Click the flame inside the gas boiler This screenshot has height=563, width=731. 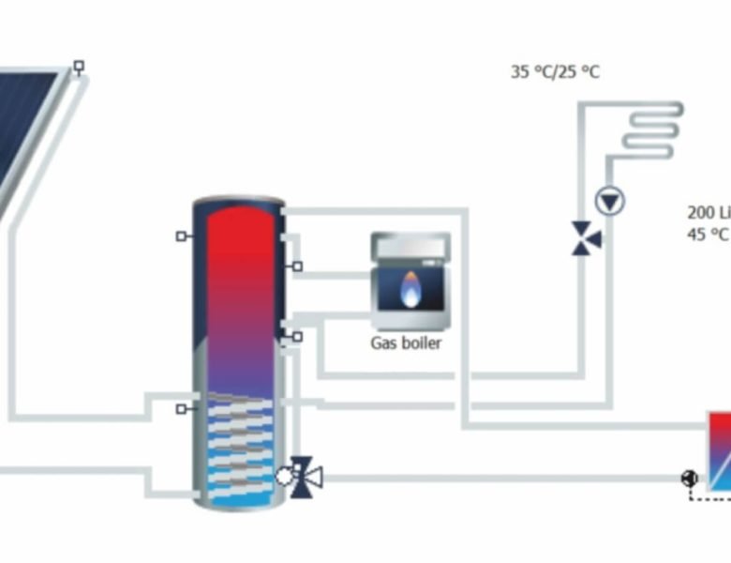tap(410, 288)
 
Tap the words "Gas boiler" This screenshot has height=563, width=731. tap(405, 343)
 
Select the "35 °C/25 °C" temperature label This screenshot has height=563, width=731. tap(555, 71)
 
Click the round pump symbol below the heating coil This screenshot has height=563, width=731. tap(611, 201)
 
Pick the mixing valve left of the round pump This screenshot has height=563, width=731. tap(587, 238)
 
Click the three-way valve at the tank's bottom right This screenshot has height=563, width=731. tap(304, 477)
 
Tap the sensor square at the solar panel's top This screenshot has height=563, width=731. tap(79, 67)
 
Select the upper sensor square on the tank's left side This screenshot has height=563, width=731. tap(181, 236)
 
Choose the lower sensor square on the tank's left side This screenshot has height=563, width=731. tap(181, 409)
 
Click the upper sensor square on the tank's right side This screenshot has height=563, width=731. tap(297, 266)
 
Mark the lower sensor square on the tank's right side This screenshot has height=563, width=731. tap(297, 336)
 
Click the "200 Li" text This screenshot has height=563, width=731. tap(709, 212)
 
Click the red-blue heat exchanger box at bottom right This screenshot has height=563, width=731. tap(719, 450)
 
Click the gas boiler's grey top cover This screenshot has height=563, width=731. tap(410, 247)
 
